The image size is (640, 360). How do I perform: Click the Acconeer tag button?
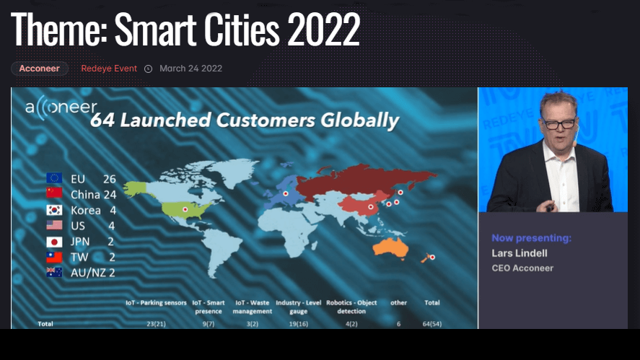pyautogui.click(x=39, y=69)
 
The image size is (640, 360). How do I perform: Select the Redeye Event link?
pyautogui.click(x=109, y=69)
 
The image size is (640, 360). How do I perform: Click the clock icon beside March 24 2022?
pyautogui.click(x=149, y=69)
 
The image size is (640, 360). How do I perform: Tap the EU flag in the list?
pyautogui.click(x=54, y=178)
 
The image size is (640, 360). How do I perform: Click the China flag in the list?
pyautogui.click(x=54, y=194)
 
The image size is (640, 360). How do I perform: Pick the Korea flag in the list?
pyautogui.click(x=54, y=210)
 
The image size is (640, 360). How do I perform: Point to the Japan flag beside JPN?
pyautogui.click(x=54, y=242)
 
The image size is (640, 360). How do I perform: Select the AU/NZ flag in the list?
pyautogui.click(x=54, y=272)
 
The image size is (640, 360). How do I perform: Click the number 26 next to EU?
pyautogui.click(x=109, y=178)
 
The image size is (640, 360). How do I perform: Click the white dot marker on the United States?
pyautogui.click(x=185, y=209)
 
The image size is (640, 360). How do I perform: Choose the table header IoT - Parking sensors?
pyautogui.click(x=157, y=302)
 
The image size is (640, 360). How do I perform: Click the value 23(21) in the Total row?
pyautogui.click(x=157, y=324)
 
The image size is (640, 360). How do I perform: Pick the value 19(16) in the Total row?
pyautogui.click(x=298, y=324)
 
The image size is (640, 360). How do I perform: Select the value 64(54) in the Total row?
pyautogui.click(x=433, y=324)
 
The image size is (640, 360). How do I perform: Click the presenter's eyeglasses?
pyautogui.click(x=559, y=124)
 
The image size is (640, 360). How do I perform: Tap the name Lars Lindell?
pyautogui.click(x=518, y=253)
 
